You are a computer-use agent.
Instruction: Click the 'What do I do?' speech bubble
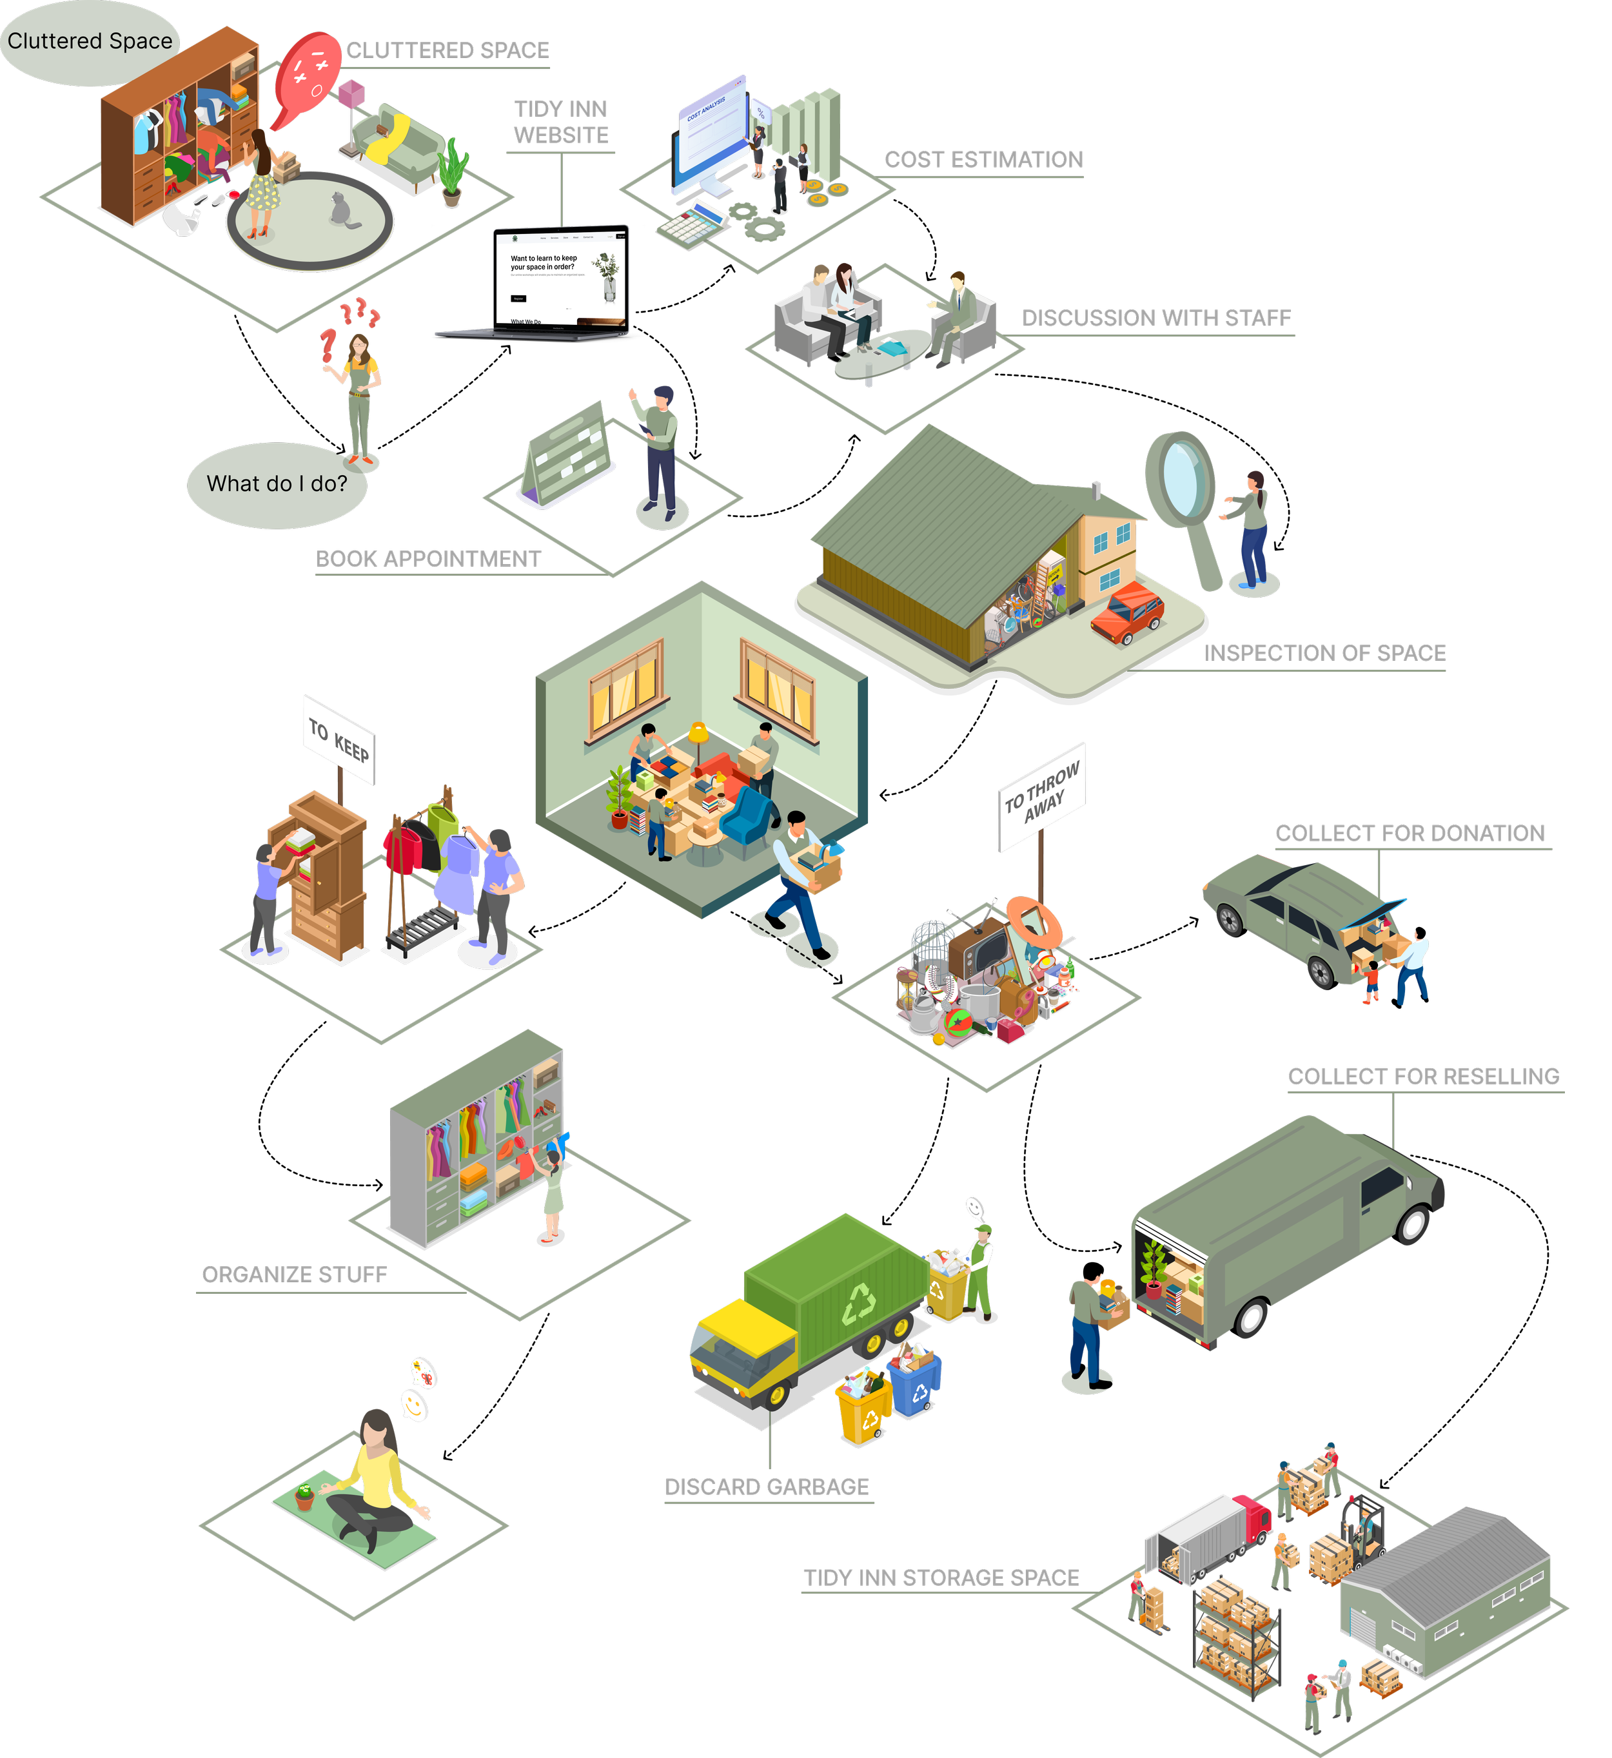point(277,485)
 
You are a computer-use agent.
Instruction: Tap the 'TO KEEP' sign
point(339,739)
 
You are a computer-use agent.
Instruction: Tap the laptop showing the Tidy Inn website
point(558,282)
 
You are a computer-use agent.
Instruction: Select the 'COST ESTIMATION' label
point(983,160)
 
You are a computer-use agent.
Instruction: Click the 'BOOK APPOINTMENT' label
point(428,559)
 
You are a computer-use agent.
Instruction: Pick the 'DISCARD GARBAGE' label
point(767,1487)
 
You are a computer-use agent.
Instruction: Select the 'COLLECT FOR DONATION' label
point(1409,834)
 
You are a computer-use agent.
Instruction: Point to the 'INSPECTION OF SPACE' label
point(1324,653)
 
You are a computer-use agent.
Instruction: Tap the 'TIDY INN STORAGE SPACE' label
point(941,1577)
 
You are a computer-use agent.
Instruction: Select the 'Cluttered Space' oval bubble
point(89,42)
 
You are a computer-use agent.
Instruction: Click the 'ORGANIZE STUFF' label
point(295,1275)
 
